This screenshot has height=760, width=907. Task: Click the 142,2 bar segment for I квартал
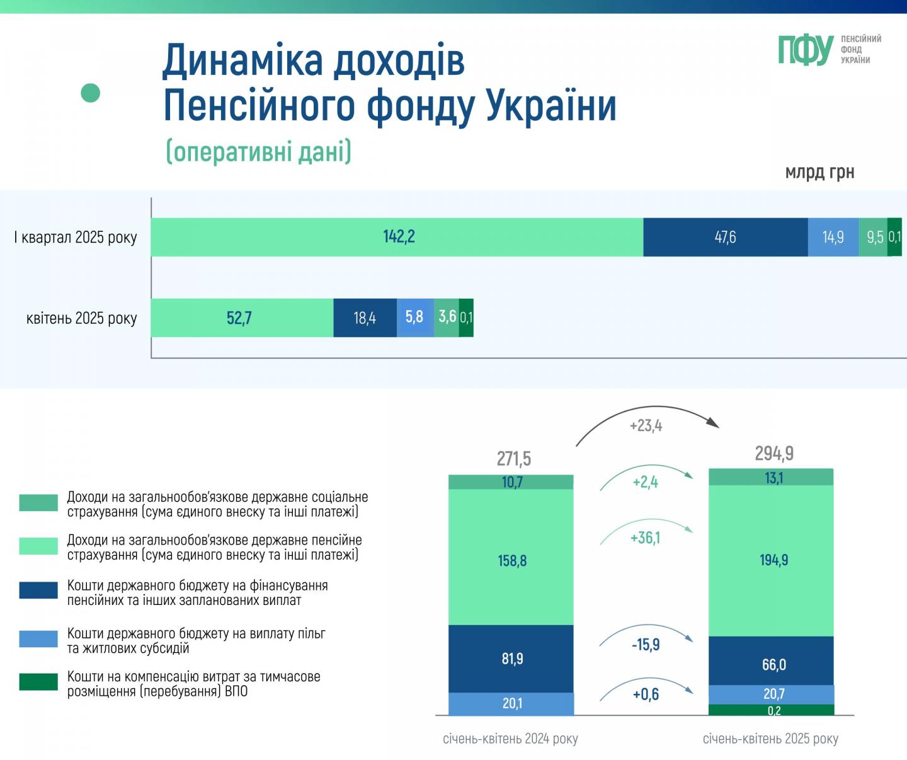click(x=397, y=237)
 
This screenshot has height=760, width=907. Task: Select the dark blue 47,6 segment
click(x=725, y=237)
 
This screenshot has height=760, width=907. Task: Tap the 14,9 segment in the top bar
click(x=833, y=237)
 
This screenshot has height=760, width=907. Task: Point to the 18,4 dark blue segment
click(x=365, y=318)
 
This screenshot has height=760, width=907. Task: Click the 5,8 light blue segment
click(x=414, y=317)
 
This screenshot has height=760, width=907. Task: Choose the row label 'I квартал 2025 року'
click(x=76, y=238)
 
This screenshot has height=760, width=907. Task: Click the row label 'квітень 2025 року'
click(x=81, y=318)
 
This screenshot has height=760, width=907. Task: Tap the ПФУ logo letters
click(x=806, y=50)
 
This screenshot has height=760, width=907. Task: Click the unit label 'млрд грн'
click(x=819, y=173)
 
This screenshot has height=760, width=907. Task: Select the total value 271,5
click(x=513, y=459)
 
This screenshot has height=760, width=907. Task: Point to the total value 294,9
click(x=774, y=453)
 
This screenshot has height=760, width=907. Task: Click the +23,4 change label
click(x=646, y=426)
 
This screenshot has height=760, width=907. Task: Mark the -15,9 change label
click(x=646, y=645)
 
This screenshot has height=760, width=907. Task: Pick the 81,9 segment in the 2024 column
click(x=512, y=659)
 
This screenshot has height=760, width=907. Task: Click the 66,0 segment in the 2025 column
click(x=773, y=664)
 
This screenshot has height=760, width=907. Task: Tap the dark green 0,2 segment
click(x=773, y=710)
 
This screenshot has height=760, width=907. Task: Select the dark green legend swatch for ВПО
click(x=38, y=682)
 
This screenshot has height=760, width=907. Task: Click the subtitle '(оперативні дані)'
click(x=258, y=152)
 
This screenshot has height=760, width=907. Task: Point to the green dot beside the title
click(x=91, y=93)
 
